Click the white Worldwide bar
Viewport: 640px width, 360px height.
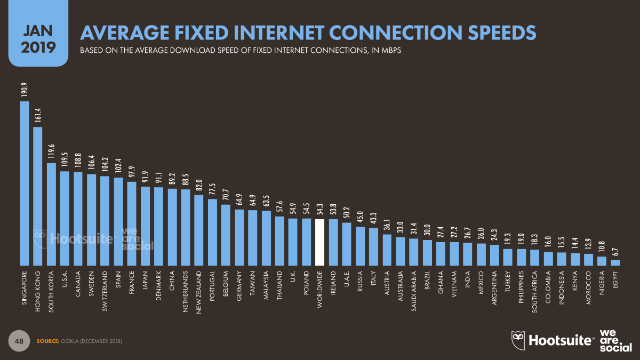pos(319,242)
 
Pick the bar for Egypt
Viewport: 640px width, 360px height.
pos(615,262)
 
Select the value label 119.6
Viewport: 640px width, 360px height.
pos(51,152)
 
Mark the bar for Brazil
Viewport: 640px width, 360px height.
pos(427,252)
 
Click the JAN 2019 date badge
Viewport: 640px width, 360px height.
pos(38,35)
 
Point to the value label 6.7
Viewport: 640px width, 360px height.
pos(615,252)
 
